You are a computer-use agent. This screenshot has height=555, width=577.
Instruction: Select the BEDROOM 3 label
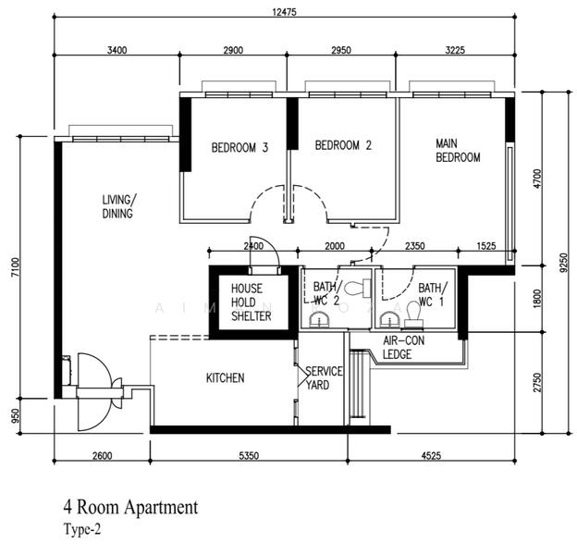click(x=239, y=147)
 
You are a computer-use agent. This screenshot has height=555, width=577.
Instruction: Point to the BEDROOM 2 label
click(x=342, y=145)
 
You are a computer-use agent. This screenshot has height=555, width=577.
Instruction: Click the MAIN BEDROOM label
click(x=458, y=151)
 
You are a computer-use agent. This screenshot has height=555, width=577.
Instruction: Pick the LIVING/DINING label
click(x=117, y=206)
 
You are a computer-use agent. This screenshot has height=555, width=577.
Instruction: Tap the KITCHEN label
click(x=225, y=377)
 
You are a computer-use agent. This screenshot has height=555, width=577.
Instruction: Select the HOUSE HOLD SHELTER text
click(x=252, y=302)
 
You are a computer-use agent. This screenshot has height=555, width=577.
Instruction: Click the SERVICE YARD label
click(x=324, y=377)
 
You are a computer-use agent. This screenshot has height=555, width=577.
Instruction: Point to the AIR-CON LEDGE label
click(x=404, y=348)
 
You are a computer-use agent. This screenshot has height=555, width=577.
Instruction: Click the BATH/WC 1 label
click(x=432, y=295)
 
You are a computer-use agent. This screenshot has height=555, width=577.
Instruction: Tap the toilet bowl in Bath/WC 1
click(x=413, y=318)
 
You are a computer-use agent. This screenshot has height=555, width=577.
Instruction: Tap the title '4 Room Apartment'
click(x=130, y=507)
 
